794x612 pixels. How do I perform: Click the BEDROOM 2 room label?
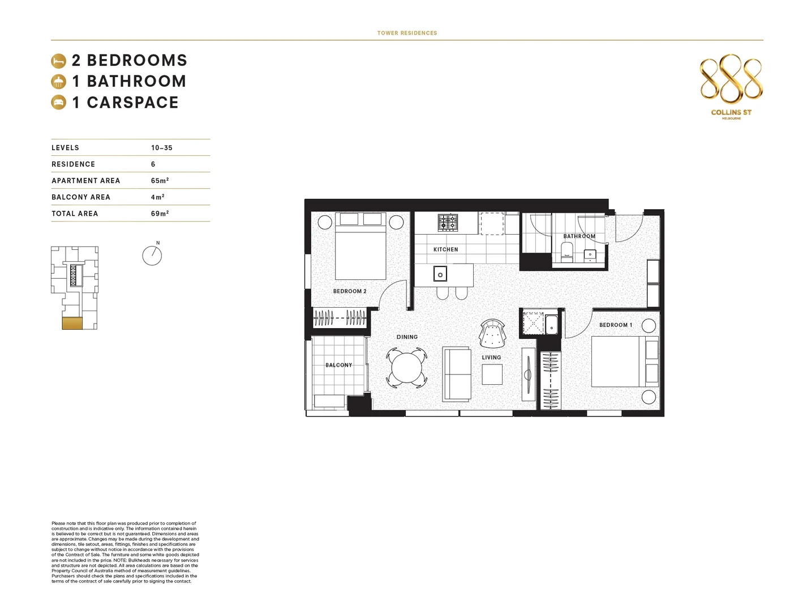point(350,291)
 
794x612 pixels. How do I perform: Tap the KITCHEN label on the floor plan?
point(445,249)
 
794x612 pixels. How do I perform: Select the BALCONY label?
point(338,365)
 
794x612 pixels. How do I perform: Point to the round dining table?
point(406,368)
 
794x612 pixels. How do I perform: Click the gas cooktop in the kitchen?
point(448,222)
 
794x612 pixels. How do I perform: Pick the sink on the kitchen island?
point(440,275)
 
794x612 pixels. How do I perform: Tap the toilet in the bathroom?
point(566,251)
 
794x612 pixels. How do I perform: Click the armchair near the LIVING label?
point(492,334)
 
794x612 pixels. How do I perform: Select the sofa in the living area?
point(457,374)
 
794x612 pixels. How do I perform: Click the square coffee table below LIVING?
point(492,375)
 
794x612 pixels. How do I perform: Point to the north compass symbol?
point(152,256)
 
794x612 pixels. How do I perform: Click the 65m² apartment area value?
point(160,181)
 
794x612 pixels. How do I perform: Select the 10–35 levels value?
point(161,148)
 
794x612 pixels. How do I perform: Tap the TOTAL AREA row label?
point(75,214)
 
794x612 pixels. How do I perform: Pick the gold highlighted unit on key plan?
point(72,324)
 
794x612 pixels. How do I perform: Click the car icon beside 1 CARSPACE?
point(58,103)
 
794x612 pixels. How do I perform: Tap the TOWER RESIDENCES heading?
point(407,33)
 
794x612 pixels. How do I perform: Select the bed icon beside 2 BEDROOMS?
point(58,61)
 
